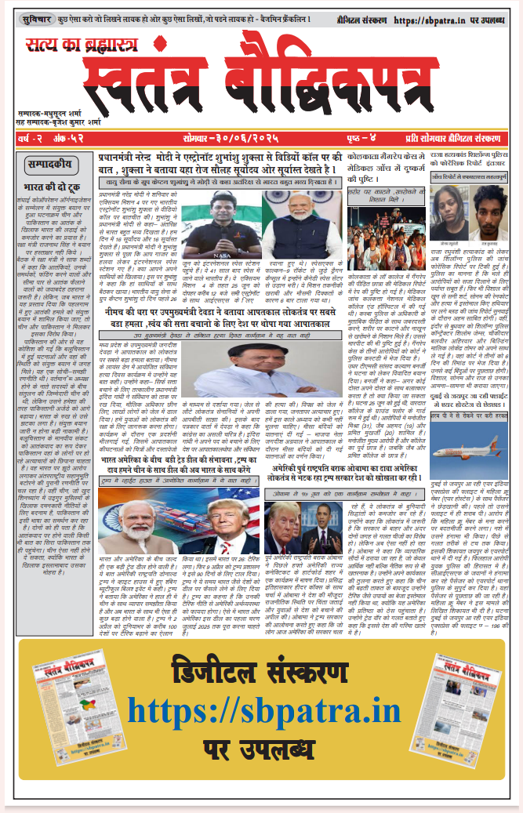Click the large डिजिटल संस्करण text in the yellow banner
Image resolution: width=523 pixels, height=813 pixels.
[263, 674]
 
